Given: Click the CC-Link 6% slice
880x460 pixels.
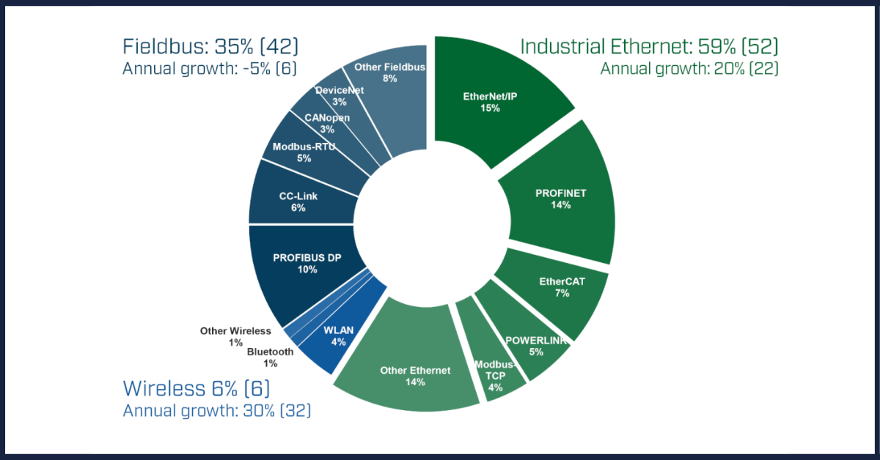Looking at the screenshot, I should (x=297, y=201).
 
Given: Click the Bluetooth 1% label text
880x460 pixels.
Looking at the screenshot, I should (x=270, y=357).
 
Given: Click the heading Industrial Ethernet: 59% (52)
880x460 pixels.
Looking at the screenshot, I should (x=649, y=47).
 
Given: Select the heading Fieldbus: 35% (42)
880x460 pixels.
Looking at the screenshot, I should (x=210, y=47).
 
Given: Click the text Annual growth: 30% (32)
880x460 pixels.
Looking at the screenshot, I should (x=216, y=410).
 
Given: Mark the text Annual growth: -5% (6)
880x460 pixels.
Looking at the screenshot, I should (x=210, y=69).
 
